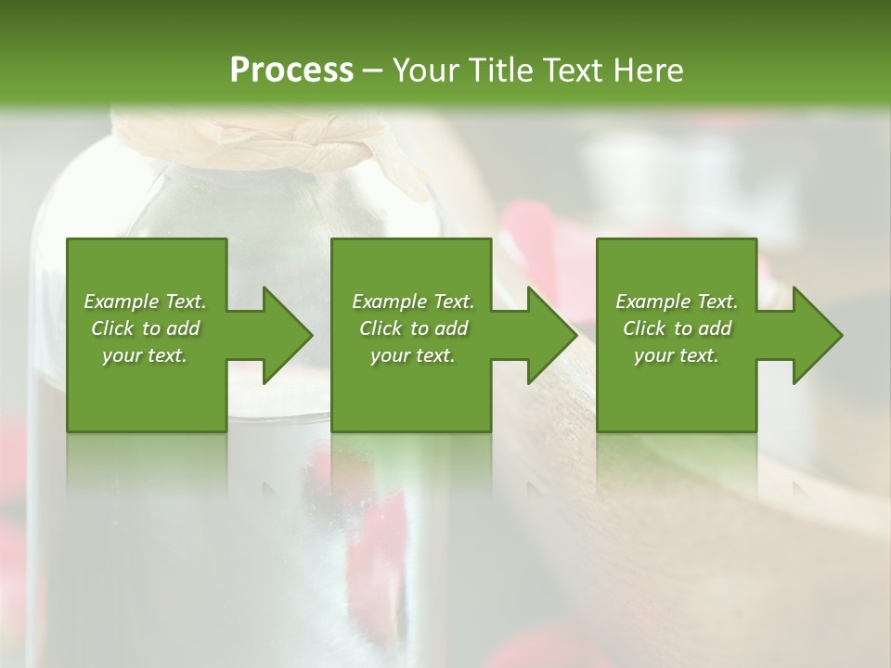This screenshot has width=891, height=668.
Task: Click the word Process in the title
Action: pos(291,71)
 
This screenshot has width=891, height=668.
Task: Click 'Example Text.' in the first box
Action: pos(145,302)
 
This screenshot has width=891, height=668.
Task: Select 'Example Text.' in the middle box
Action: pos(413,302)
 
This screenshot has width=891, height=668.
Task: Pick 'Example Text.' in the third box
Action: pos(677,302)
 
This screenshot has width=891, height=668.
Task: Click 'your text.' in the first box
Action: pos(145,355)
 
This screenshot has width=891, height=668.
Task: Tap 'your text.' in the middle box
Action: pos(413,355)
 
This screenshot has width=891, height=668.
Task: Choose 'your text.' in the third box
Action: pos(677,355)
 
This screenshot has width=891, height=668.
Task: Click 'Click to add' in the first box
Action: pos(145,328)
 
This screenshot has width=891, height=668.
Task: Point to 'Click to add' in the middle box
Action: pos(413,328)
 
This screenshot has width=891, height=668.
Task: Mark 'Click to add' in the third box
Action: pos(677,328)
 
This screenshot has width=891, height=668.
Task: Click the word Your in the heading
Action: pos(424,71)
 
